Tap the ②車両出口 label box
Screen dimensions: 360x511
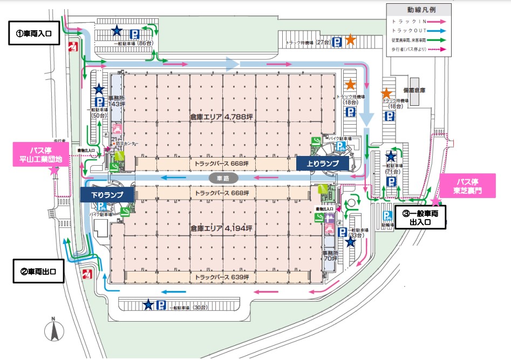point(38,272)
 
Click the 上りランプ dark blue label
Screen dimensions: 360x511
point(323,162)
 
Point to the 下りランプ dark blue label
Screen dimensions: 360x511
point(107,194)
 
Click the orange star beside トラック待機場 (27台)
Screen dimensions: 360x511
point(350,39)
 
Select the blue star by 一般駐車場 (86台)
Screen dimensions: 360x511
point(116,31)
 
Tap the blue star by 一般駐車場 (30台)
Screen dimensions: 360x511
point(148,305)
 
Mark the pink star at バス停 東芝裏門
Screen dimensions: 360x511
point(435,201)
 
